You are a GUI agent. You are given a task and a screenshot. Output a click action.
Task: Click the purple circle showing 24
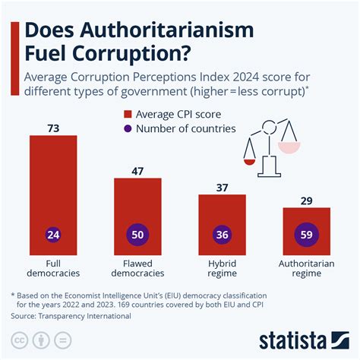click(x=52, y=235)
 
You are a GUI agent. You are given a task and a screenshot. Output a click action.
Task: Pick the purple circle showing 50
click(x=137, y=235)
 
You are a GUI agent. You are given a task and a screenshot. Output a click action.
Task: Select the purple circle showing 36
click(x=222, y=235)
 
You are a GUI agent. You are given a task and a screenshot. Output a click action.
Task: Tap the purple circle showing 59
click(x=306, y=235)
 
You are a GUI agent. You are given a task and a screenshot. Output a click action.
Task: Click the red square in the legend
click(x=128, y=114)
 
